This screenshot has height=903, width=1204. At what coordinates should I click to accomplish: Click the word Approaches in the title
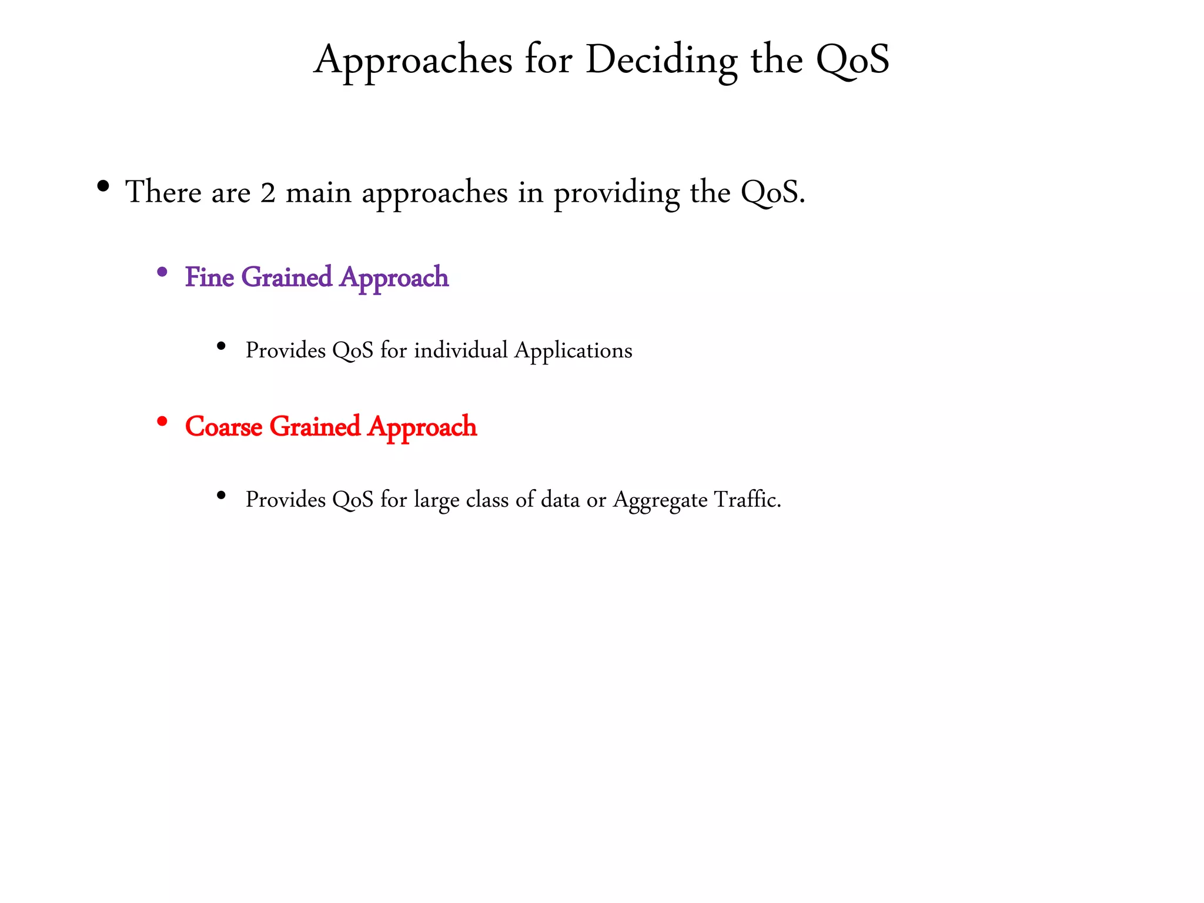click(413, 60)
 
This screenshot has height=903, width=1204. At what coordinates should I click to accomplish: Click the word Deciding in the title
click(661, 60)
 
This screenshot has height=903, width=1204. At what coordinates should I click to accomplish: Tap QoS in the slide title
click(852, 60)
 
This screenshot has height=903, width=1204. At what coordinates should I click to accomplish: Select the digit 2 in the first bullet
click(268, 193)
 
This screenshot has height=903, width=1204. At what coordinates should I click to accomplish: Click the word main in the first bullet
click(318, 193)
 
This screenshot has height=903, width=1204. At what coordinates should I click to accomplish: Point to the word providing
click(617, 193)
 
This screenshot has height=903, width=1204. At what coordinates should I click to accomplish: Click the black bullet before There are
click(103, 187)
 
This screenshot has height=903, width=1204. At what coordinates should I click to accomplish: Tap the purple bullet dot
click(162, 272)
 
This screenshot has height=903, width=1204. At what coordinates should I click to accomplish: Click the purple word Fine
click(209, 277)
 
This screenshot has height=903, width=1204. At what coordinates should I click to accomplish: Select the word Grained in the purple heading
click(287, 277)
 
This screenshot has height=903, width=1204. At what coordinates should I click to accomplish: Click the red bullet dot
click(162, 422)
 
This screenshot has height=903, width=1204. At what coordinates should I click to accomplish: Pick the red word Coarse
click(223, 426)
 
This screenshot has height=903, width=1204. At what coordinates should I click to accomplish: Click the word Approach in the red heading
click(422, 426)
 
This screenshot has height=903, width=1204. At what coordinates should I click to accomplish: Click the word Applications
click(573, 352)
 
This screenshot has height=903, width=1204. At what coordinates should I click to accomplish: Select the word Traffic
click(747, 500)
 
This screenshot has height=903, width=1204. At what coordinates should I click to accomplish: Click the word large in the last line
click(436, 500)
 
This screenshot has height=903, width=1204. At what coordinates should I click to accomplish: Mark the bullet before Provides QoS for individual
click(221, 346)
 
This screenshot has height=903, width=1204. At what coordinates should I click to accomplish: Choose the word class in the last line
click(487, 500)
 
